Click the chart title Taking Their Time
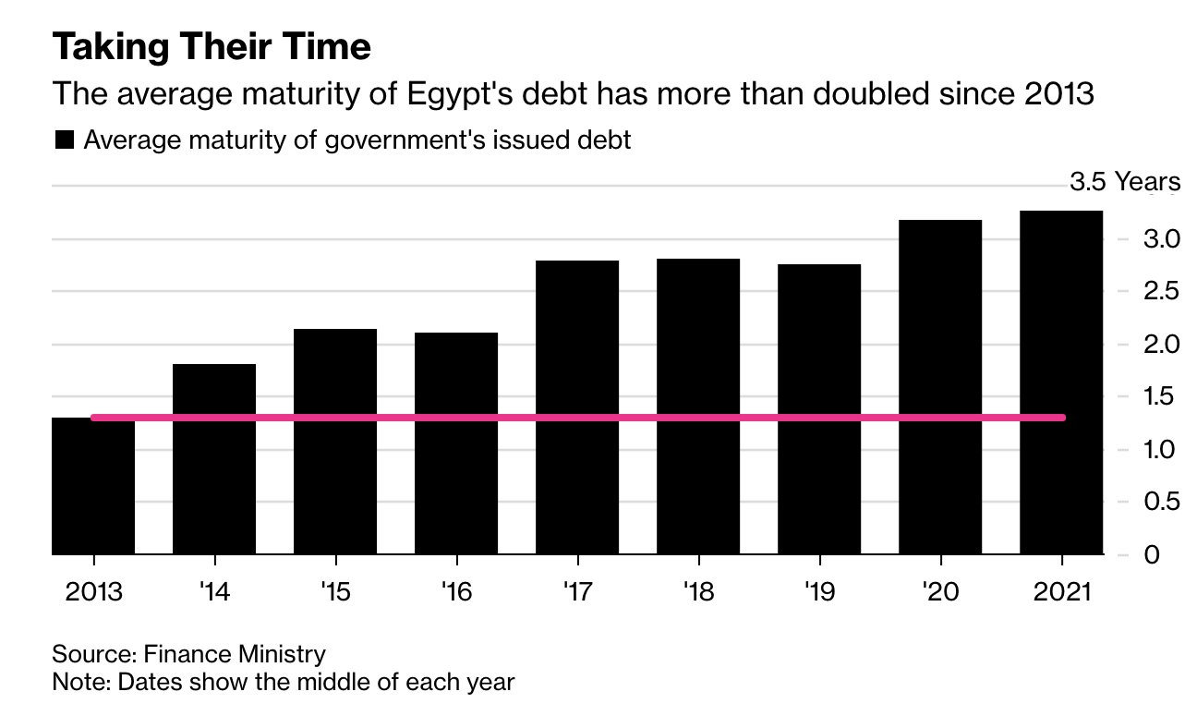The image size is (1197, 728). point(212,47)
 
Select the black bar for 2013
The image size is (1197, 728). point(93,485)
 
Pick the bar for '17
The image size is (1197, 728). point(577,407)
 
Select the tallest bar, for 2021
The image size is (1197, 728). point(1061,382)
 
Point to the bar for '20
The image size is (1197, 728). point(940,387)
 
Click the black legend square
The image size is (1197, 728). point(64,140)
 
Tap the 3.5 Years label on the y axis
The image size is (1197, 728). point(1124,182)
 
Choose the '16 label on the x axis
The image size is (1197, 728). point(456,592)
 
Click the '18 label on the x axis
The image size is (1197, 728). point(698,592)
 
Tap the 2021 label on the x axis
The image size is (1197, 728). point(1061,592)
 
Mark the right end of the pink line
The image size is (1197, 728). point(1063,418)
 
